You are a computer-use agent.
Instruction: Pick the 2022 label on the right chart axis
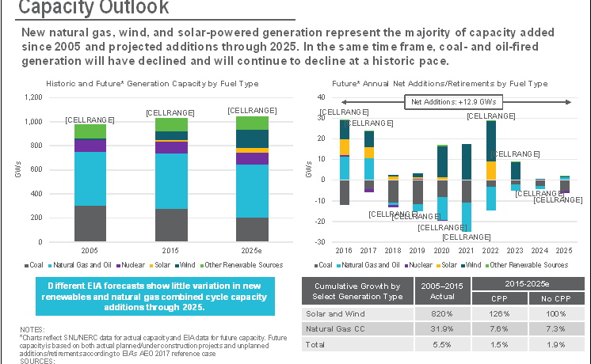[x=491, y=250]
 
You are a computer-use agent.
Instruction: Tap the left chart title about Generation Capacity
[x=151, y=82]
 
